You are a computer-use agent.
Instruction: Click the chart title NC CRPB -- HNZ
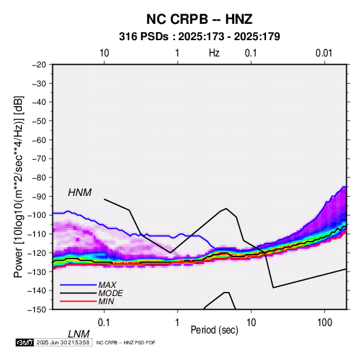point(199,19)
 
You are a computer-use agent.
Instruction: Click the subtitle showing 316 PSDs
point(199,37)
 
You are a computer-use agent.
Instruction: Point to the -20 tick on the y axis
point(39,65)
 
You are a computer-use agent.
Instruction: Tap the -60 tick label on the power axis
point(39,140)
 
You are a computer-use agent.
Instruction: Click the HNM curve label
point(80,193)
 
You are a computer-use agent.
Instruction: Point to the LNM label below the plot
point(79,334)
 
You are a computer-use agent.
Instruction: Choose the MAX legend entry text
point(107,284)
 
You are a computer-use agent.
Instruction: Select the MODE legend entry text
point(110,293)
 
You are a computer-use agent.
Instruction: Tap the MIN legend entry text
point(106,301)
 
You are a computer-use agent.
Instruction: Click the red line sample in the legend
point(78,301)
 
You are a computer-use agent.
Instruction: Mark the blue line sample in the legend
point(78,284)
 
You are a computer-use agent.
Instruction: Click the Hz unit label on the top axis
point(214,53)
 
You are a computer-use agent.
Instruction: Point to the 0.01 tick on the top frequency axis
point(324,53)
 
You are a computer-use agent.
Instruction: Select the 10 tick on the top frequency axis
point(104,53)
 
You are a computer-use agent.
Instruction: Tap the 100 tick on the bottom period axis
point(325,323)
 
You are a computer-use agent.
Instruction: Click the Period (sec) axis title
point(214,330)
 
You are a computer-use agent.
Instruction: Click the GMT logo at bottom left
point(25,342)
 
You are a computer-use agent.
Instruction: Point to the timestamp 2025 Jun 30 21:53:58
point(63,342)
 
